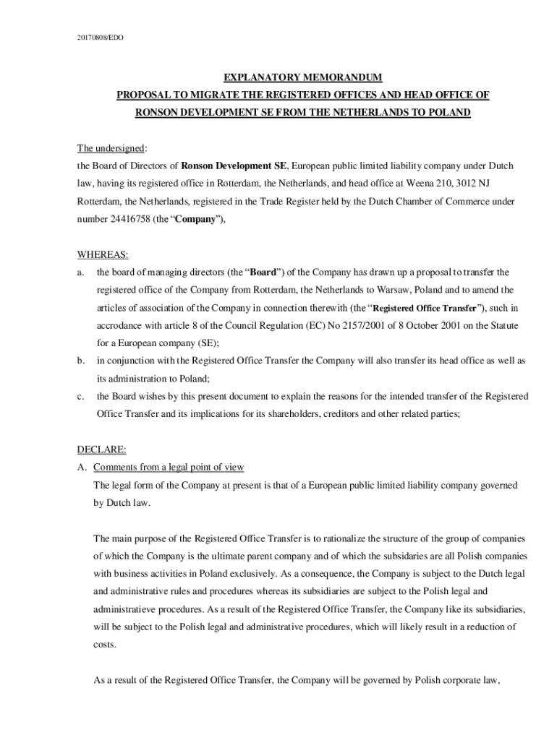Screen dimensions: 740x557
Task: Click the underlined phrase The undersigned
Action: click(111, 148)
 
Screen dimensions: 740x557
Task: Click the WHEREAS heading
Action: click(103, 254)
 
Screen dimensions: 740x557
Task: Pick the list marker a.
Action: click(80, 272)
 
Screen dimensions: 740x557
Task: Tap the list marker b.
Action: click(80, 360)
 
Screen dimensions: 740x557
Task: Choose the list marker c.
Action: click(80, 396)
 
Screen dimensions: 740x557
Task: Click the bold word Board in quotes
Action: click(261, 272)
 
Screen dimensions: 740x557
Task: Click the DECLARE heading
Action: click(101, 449)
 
